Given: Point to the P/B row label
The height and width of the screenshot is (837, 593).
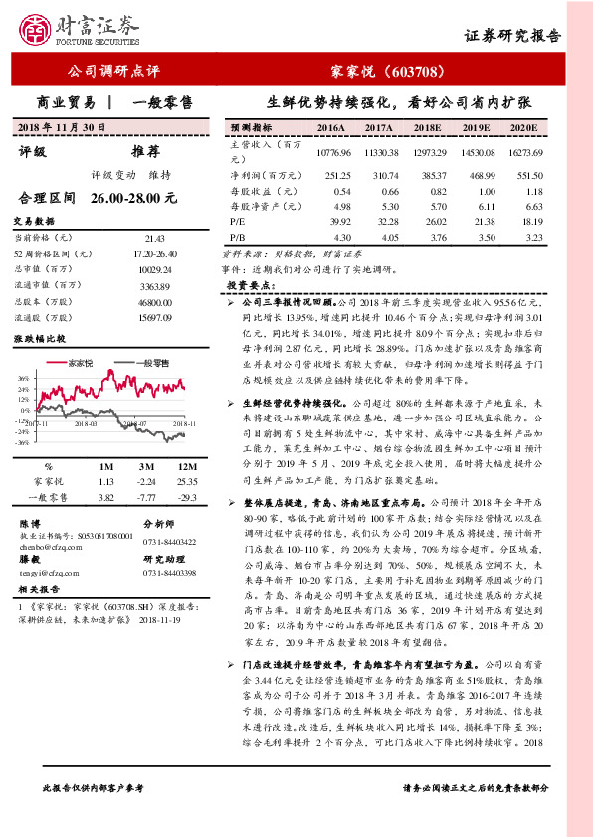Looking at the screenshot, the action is pos(238,239).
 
